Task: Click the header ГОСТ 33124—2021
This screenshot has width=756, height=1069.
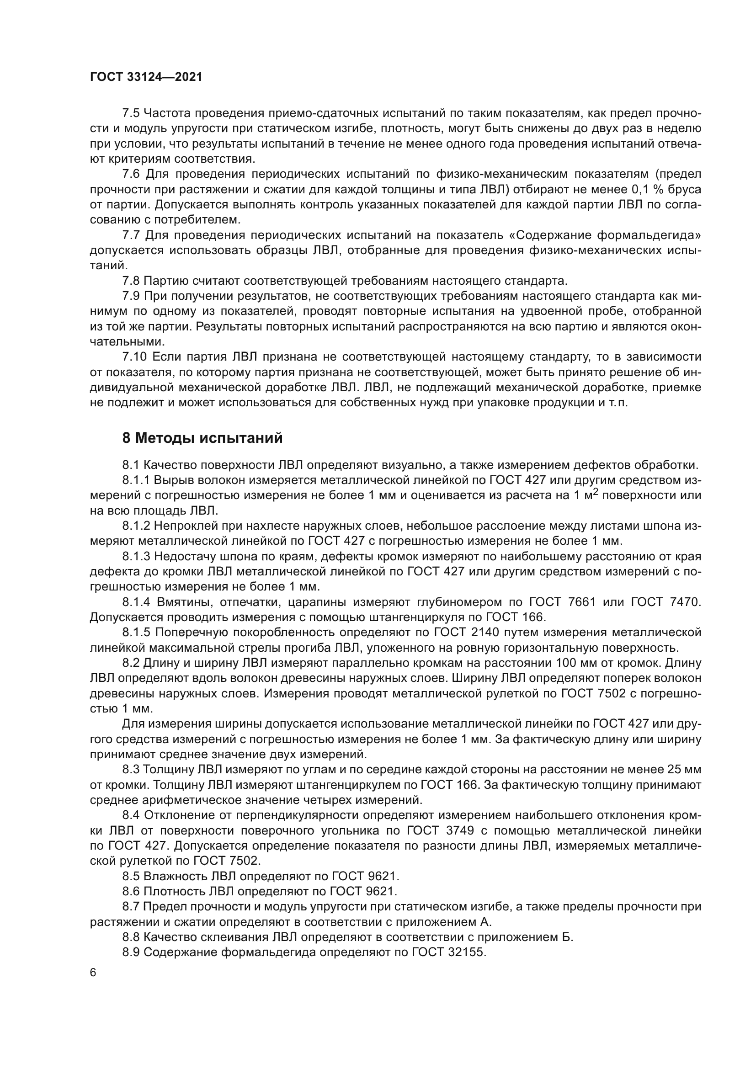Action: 146,77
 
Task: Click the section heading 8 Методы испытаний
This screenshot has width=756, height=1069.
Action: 202,438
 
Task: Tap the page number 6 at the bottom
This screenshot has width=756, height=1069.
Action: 93,973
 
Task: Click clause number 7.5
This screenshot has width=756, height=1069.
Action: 131,113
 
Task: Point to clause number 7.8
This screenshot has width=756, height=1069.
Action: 131,281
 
